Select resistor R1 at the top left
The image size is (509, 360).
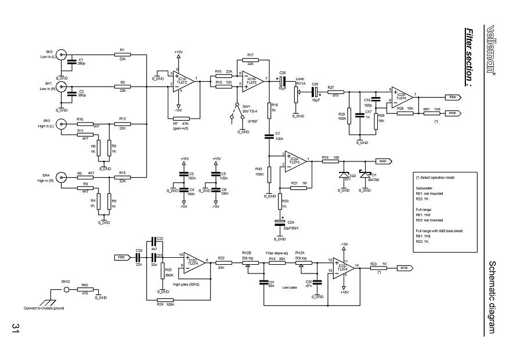pyautogui.click(x=122, y=55)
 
